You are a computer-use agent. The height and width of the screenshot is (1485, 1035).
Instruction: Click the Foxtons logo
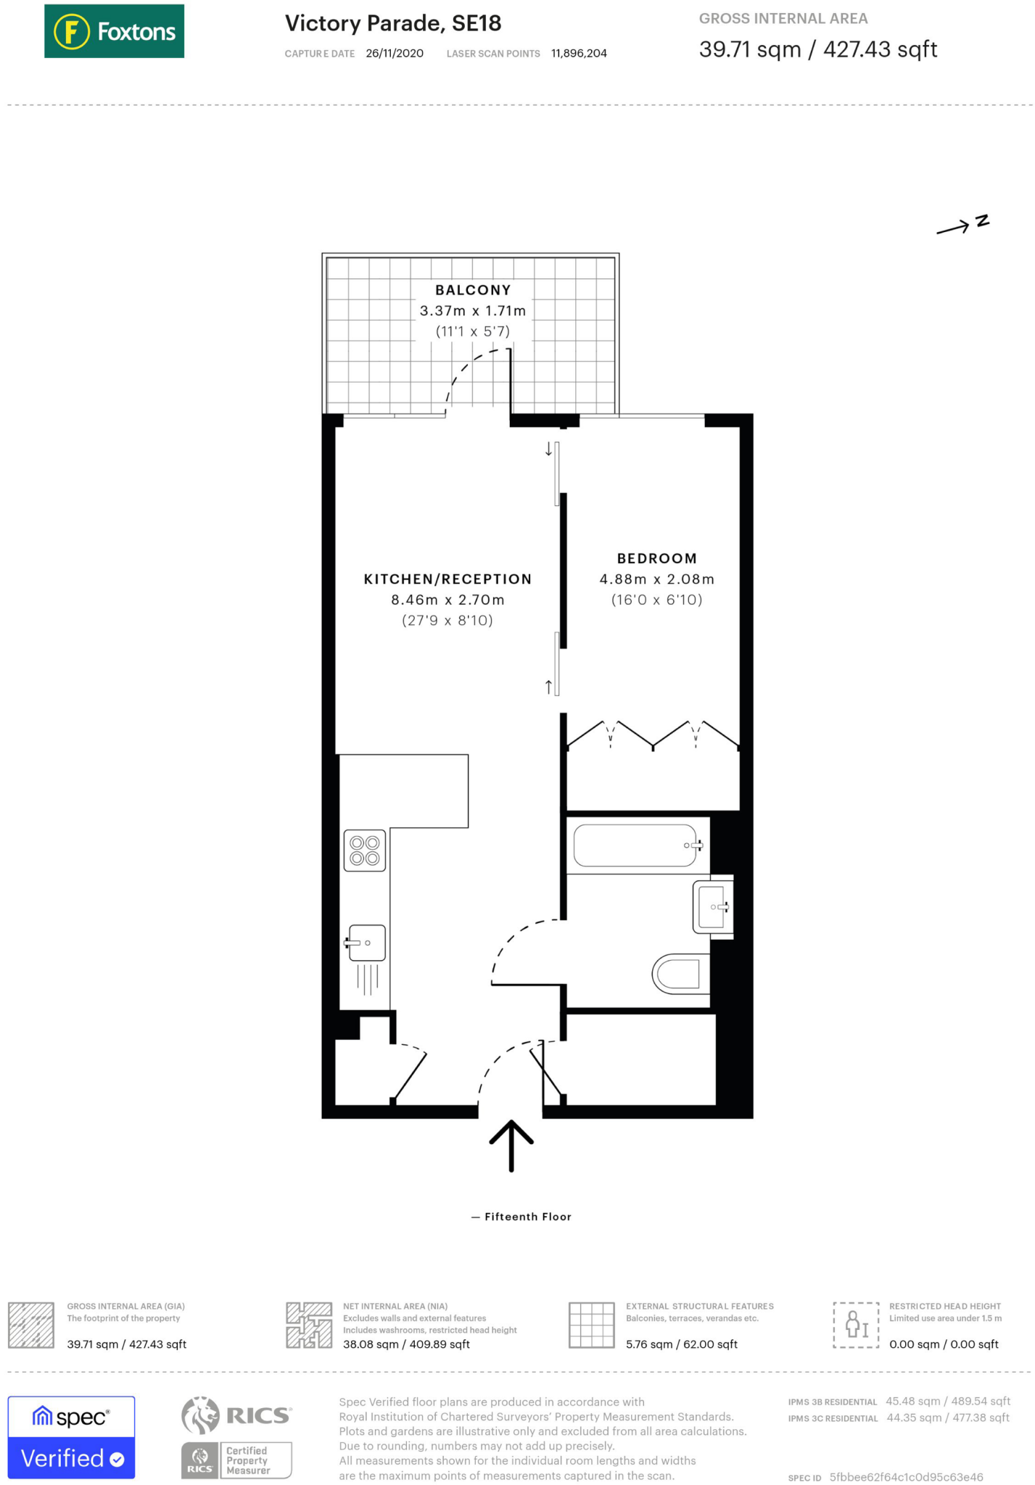(x=114, y=31)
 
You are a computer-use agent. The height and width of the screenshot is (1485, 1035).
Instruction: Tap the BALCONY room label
(x=473, y=290)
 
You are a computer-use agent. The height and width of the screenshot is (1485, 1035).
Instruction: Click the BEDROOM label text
(x=656, y=558)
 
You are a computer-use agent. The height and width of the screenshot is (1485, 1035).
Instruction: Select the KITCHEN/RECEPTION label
(x=448, y=579)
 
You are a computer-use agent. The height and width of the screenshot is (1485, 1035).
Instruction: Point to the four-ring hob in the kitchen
(x=364, y=851)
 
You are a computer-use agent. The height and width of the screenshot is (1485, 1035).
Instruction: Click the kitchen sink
(x=366, y=943)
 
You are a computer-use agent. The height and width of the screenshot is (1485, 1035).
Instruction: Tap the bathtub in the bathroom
(x=636, y=845)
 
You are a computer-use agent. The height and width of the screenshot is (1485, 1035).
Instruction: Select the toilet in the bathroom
(x=682, y=973)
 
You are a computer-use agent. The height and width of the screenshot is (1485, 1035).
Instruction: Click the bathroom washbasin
(x=712, y=906)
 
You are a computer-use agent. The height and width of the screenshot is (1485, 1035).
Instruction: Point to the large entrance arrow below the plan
(x=511, y=1145)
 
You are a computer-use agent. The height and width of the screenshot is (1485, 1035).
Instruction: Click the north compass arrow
(x=962, y=226)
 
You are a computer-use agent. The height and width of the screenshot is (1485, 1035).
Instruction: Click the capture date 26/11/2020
(x=395, y=54)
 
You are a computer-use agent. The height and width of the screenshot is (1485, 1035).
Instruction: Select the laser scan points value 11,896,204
(x=579, y=54)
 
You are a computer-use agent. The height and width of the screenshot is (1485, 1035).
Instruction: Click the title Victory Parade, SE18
(x=393, y=23)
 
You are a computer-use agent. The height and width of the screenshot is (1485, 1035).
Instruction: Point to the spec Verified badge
(x=71, y=1437)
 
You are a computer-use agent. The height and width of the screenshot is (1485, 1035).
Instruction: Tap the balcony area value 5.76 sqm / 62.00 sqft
(x=681, y=1344)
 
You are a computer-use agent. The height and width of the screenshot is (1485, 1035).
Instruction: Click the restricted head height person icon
(x=856, y=1325)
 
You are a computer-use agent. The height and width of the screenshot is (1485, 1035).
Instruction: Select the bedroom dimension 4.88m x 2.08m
(x=656, y=579)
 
